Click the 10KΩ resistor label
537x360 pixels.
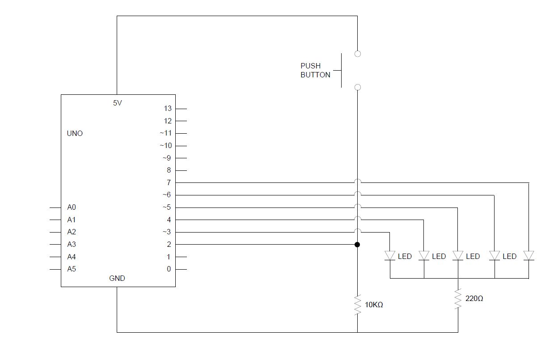pos(374,305)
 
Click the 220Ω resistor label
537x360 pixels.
pos(474,298)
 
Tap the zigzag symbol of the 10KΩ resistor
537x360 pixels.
pos(357,305)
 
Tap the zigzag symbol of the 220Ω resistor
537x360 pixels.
pos(458,299)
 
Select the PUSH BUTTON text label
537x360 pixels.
pos(315,70)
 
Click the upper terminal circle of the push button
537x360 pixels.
pos(357,54)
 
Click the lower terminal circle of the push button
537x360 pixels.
pos(357,87)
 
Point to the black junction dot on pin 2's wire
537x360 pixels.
pos(357,245)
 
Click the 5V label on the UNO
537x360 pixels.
pos(117,103)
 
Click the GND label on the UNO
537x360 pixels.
pos(117,278)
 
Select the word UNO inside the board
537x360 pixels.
pos(75,133)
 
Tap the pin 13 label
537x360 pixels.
pos(168,108)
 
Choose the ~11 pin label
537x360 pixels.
pos(166,133)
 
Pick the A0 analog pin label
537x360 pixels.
pos(72,208)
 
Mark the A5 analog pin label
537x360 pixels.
pos(72,269)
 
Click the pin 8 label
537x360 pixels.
pos(169,170)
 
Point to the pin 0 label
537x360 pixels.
pos(169,269)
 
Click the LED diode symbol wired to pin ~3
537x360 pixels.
pos(390,256)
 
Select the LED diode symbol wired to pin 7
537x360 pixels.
pos(529,256)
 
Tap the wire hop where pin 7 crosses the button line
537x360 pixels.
pos(357,182)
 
